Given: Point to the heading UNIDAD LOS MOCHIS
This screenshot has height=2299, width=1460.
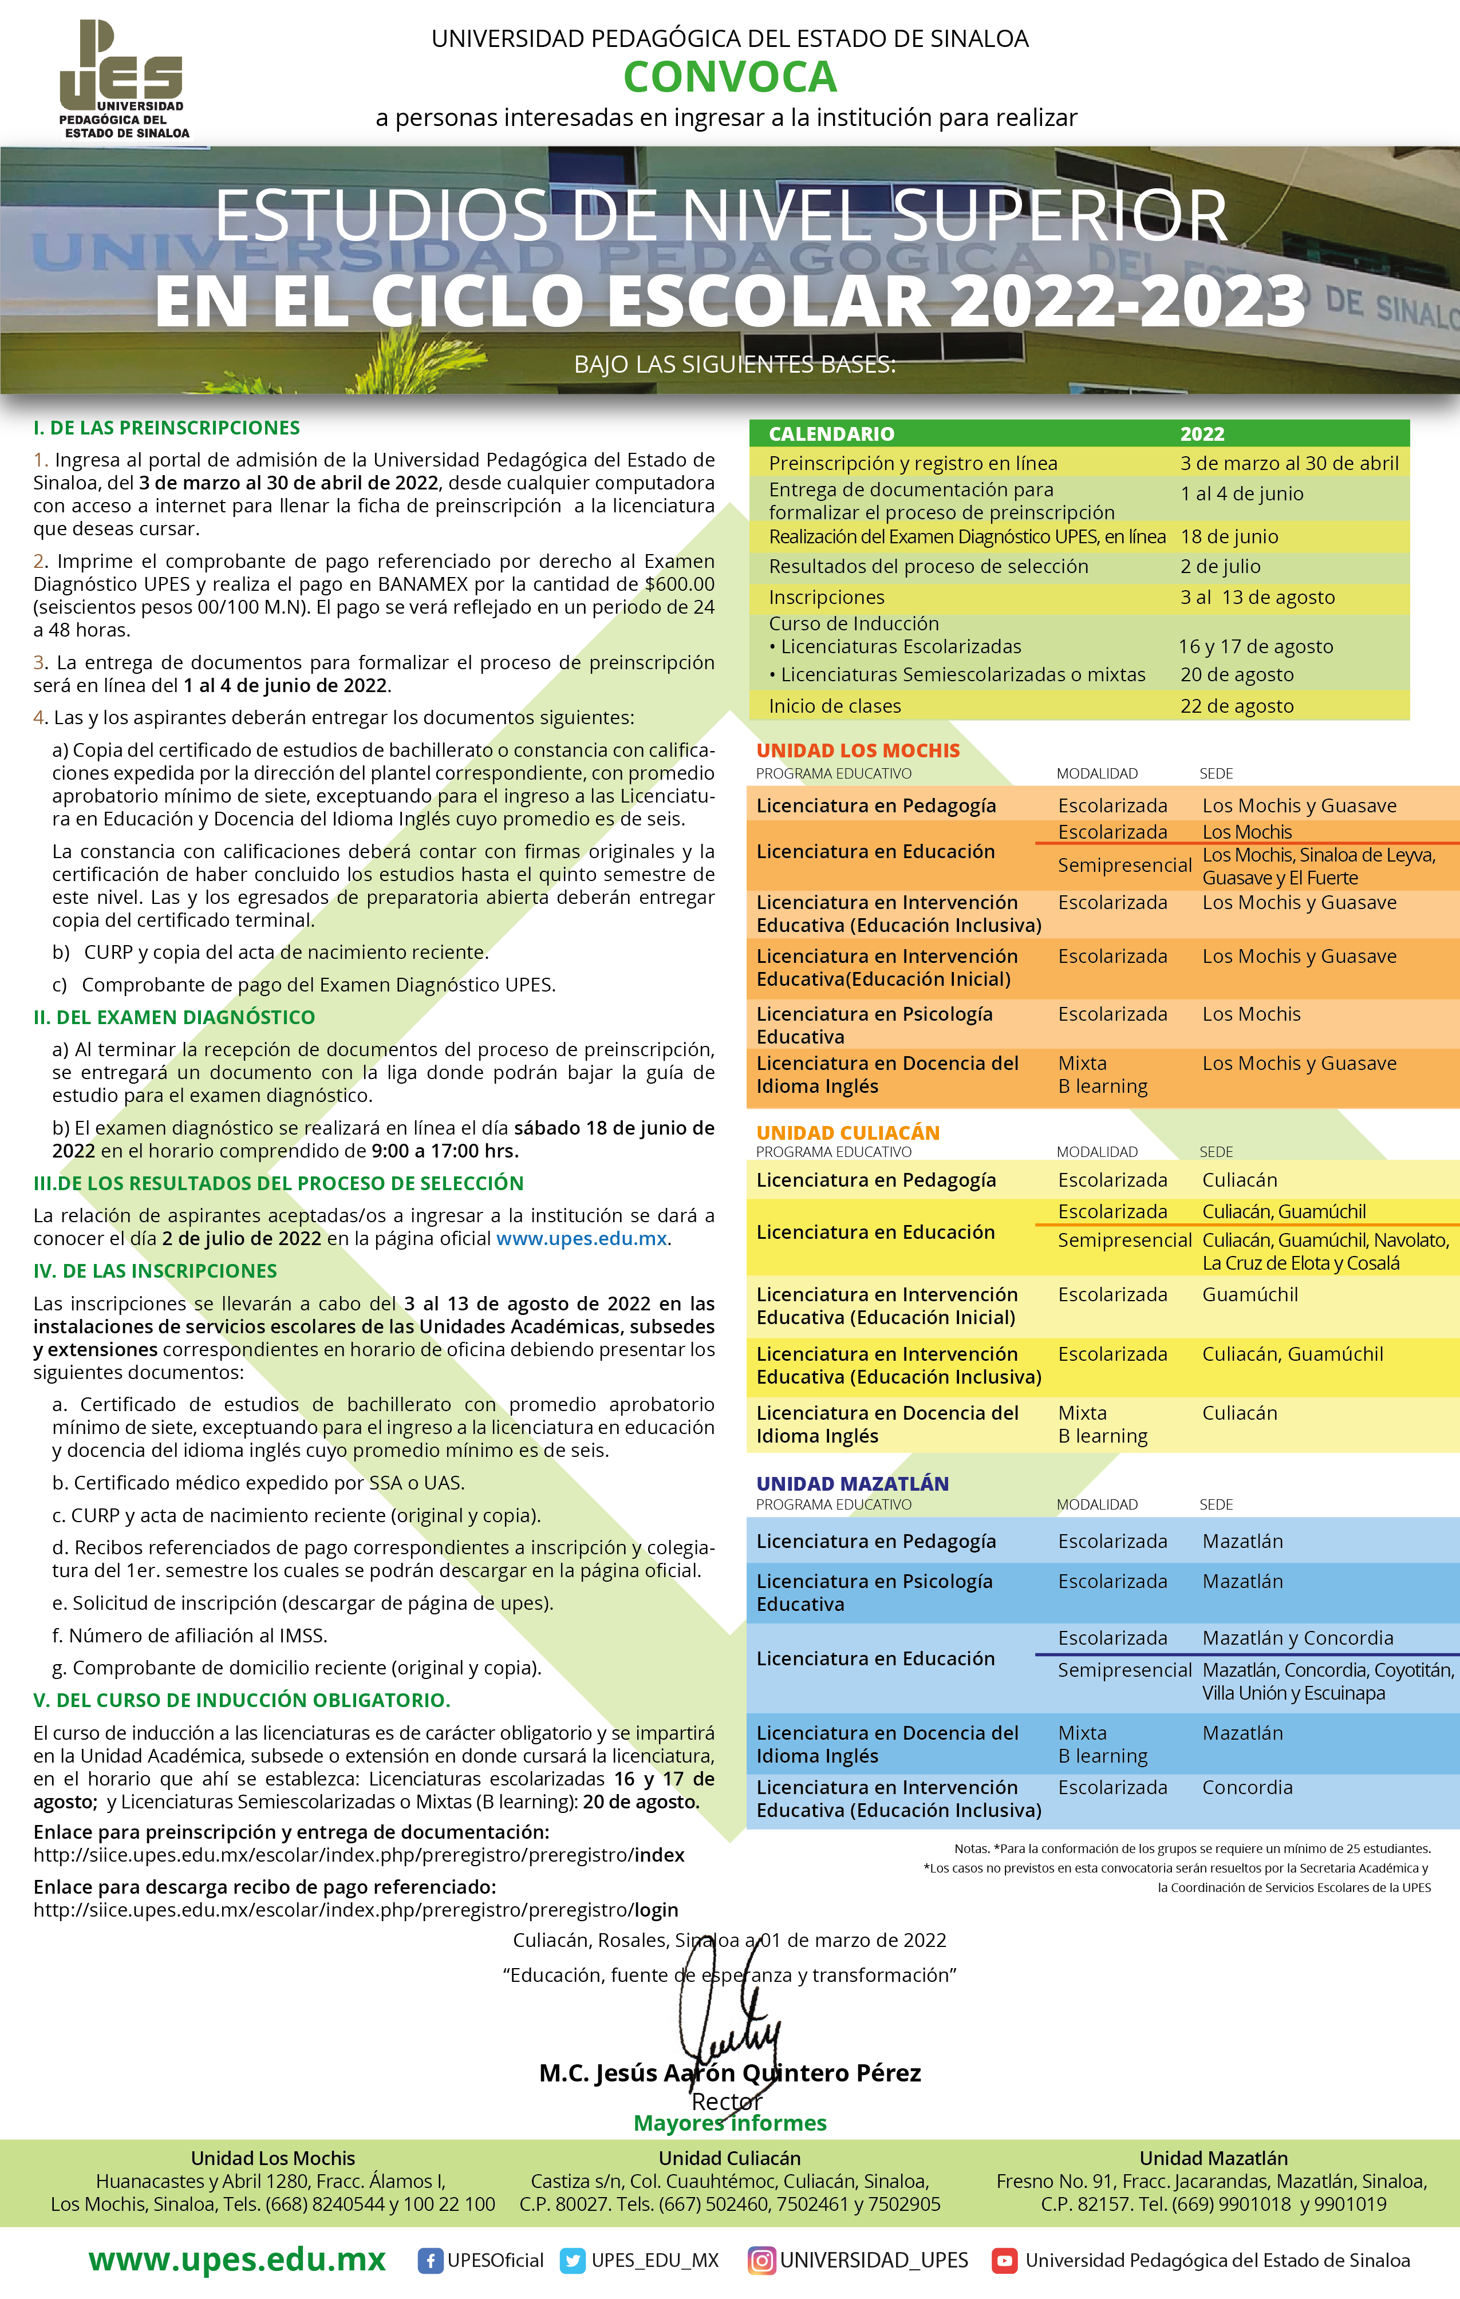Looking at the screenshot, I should pyautogui.click(x=858, y=750).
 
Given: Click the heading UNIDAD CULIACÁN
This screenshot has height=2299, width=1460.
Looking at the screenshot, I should pyautogui.click(x=848, y=1132).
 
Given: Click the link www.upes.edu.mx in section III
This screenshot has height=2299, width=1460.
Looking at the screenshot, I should pyautogui.click(x=582, y=1238).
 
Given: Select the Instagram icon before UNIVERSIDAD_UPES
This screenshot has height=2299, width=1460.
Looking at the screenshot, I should pyautogui.click(x=761, y=2261).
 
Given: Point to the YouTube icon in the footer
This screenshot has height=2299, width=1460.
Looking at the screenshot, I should pyautogui.click(x=1004, y=2261).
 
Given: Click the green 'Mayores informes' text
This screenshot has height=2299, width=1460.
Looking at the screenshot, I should pyautogui.click(x=731, y=2123).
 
